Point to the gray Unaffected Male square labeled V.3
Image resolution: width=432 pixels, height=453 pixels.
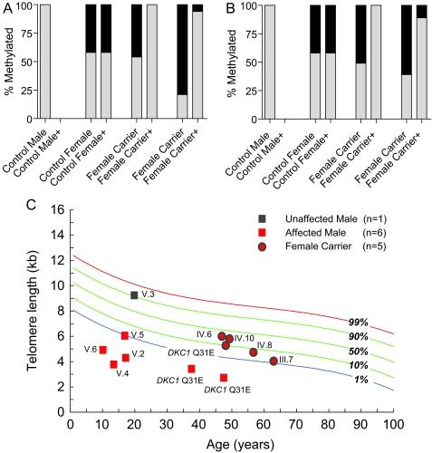134,294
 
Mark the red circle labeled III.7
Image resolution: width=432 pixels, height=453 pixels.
274,361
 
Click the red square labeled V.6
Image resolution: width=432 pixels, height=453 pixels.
102,350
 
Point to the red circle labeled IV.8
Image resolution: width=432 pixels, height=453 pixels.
254,352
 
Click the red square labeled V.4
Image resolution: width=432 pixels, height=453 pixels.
114,364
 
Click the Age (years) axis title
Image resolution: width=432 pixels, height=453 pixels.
232,443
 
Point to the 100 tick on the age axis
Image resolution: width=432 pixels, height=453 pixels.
393,423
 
